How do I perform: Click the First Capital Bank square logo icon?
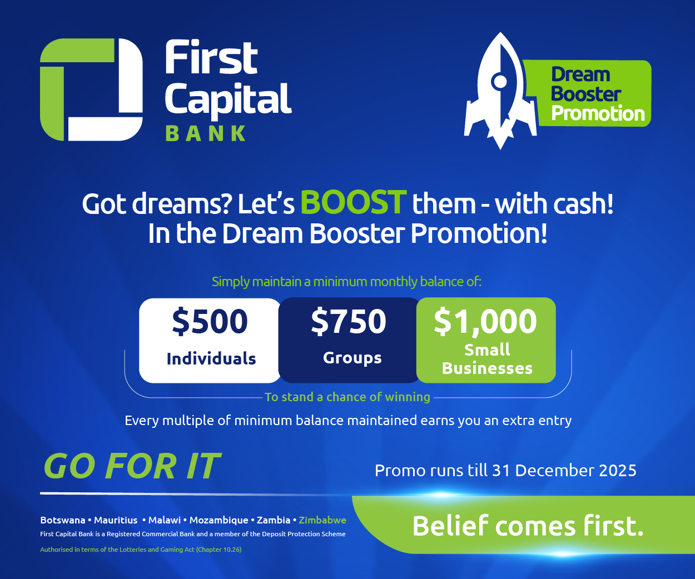91,89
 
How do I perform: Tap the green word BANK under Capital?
206,133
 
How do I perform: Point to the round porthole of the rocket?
499,82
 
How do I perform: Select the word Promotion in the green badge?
598,113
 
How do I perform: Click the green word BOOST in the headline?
354,202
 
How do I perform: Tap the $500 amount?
210,321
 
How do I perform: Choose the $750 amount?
349,321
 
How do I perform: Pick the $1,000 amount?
485,321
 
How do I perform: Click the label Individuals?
211,358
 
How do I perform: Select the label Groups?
353,358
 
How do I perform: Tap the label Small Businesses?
487,359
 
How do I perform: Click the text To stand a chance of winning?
348,397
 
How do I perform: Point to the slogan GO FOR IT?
132,466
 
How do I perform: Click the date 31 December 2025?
564,471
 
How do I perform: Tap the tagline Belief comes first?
528,526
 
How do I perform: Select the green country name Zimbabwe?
322,520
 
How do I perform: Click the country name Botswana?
62,520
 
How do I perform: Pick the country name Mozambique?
219,520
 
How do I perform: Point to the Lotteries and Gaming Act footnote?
141,550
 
